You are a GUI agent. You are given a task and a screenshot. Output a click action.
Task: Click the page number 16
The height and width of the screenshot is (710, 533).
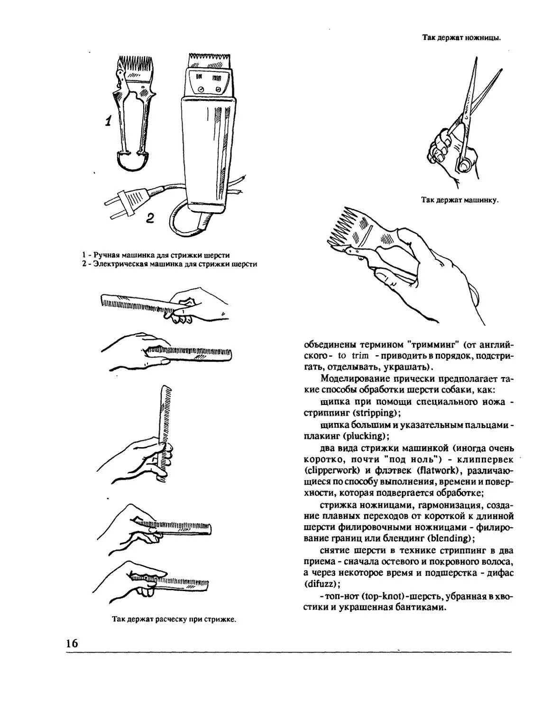coord(72,643)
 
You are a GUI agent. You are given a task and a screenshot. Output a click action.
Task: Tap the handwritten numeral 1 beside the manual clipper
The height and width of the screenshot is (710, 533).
coord(109,121)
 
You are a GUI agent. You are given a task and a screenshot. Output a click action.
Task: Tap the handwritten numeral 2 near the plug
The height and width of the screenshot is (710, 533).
coord(150,218)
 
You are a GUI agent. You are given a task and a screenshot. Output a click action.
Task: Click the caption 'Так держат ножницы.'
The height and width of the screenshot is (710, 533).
coord(461,37)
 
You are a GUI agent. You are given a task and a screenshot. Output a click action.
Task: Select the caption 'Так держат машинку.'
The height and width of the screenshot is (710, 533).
coord(459,200)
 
